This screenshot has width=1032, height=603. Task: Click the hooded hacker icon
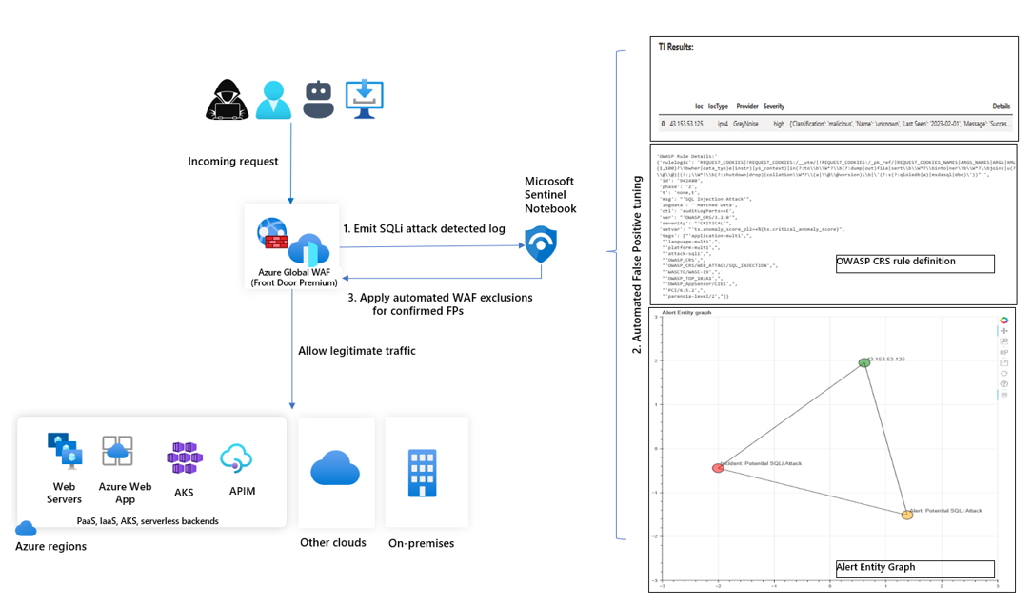pyautogui.click(x=228, y=99)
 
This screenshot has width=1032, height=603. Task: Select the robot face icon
pyautogui.click(x=318, y=99)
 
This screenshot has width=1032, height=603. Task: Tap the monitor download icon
pyautogui.click(x=364, y=99)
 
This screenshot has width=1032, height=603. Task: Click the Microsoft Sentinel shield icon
pyautogui.click(x=541, y=244)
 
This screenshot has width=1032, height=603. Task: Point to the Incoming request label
pyautogui.click(x=233, y=162)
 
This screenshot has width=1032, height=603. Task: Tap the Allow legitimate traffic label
pyautogui.click(x=357, y=351)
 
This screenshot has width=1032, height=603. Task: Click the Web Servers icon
pyautogui.click(x=65, y=451)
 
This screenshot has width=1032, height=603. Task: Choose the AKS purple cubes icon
pyautogui.click(x=184, y=457)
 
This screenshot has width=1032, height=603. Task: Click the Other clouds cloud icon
pyautogui.click(x=335, y=469)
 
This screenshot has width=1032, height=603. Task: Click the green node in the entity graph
pyautogui.click(x=864, y=362)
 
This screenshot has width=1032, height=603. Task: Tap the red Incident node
pyautogui.click(x=719, y=468)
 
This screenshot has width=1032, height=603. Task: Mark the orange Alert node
pyautogui.click(x=907, y=515)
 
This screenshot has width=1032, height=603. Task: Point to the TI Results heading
pyautogui.click(x=676, y=47)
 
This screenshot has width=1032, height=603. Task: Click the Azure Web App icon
pyautogui.click(x=118, y=451)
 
